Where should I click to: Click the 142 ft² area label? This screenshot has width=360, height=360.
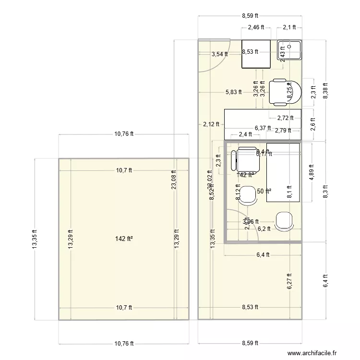click(x=123, y=239)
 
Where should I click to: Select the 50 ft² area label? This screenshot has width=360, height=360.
click(x=264, y=191)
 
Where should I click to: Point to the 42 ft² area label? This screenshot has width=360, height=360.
click(x=246, y=175)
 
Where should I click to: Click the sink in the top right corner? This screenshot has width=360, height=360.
click(x=290, y=49)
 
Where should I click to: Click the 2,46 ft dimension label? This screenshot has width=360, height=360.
click(x=256, y=27)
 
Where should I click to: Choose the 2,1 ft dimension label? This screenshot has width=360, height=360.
click(x=289, y=27)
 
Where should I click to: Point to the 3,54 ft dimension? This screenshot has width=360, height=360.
click(x=220, y=54)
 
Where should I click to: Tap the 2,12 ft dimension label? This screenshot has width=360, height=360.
click(x=211, y=124)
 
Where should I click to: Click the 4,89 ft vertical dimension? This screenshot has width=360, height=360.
click(x=312, y=173)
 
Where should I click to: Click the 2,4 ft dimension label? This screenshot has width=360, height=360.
click(x=245, y=134)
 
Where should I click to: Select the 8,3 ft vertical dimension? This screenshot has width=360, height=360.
click(x=326, y=192)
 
